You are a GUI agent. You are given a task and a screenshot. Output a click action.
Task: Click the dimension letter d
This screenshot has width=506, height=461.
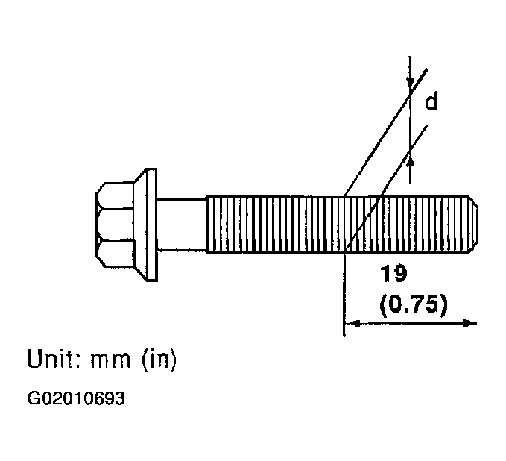pos(431,101)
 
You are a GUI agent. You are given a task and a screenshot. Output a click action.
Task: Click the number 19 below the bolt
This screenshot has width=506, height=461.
pos(393,273)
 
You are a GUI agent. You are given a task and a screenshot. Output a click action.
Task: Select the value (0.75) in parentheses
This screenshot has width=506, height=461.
pos(414,304)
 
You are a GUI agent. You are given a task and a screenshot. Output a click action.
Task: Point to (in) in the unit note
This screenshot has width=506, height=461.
pos(159,360)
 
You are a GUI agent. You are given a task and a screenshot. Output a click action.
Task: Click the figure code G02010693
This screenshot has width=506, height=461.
pos(76,398)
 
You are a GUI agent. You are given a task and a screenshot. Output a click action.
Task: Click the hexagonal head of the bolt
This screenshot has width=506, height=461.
pos(115,225)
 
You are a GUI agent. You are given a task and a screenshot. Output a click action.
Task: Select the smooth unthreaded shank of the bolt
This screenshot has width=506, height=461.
pos(182,225)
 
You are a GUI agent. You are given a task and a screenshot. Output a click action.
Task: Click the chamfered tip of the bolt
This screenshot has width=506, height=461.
pos(474,225)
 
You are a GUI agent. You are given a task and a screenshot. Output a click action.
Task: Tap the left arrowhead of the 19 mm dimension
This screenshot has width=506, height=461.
pos(352,323)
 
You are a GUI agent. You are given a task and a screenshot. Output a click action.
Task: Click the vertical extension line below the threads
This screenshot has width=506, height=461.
pos(344,295)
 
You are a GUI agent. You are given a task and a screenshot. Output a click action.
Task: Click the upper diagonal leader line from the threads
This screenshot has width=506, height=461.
pos(386,132)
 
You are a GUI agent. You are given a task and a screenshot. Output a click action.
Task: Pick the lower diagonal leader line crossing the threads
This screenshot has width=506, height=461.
pos(387,187)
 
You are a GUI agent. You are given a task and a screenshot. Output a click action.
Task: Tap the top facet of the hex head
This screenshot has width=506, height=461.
pos(115,195)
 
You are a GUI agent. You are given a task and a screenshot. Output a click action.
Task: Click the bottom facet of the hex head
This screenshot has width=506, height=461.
pos(115,254)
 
